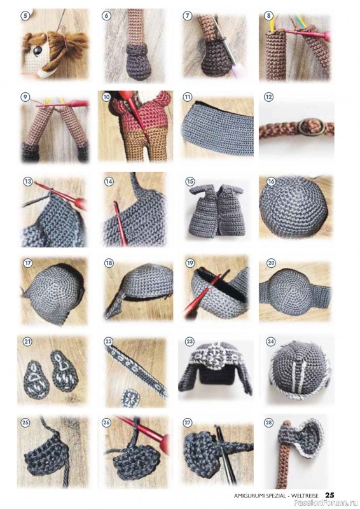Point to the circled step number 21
27,342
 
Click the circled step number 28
268,422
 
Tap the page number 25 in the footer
329,495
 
